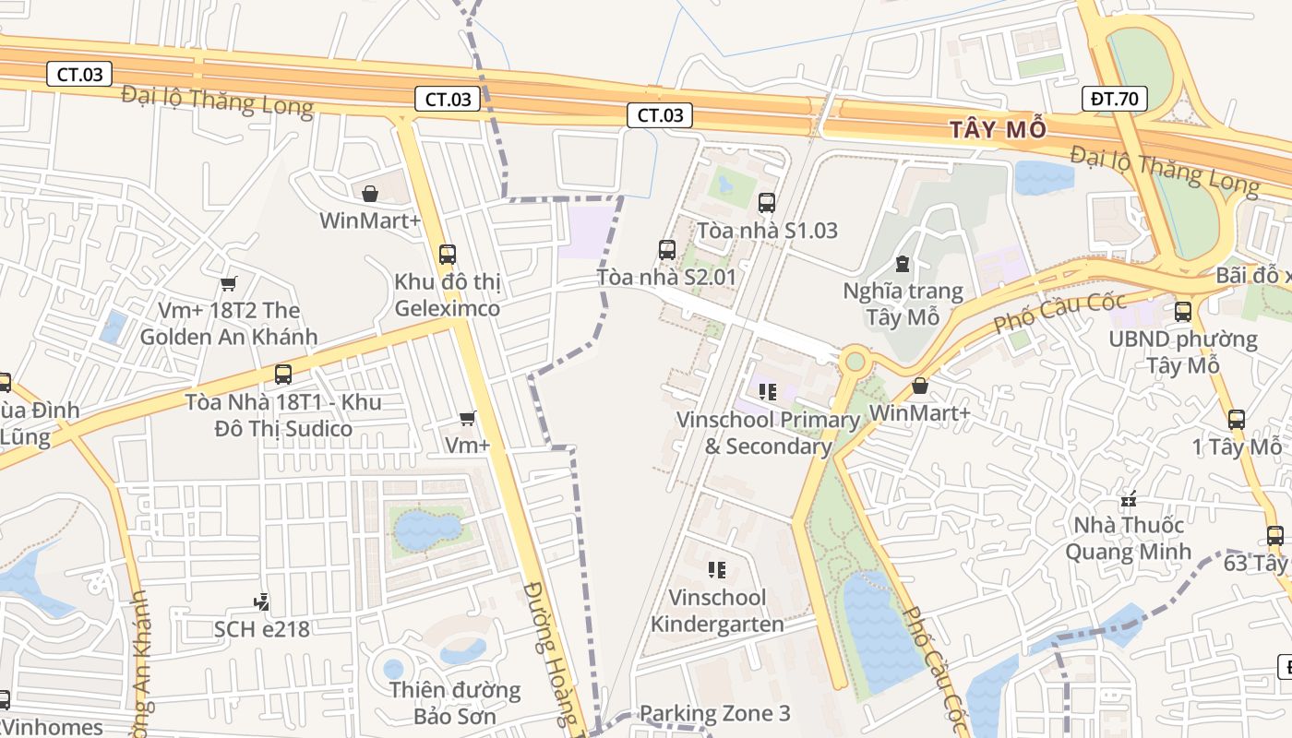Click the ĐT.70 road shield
point(1114,99)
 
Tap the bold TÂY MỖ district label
point(999,130)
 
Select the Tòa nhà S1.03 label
point(767,231)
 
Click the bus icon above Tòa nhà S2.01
point(667,250)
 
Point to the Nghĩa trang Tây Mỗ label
point(903,304)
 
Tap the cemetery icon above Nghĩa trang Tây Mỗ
point(903,265)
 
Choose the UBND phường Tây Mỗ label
point(1183,351)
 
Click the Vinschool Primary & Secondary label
point(768,433)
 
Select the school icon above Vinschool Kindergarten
point(717,570)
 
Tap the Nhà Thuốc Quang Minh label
point(1127,539)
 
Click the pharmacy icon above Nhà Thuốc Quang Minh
point(1128,500)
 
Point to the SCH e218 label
point(262,629)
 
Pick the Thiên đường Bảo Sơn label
point(454,703)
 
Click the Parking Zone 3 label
point(714,713)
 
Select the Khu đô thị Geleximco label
point(448,295)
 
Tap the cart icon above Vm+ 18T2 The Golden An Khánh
point(228,283)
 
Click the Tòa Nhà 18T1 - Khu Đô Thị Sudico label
point(283,416)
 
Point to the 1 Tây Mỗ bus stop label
point(1236,447)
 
